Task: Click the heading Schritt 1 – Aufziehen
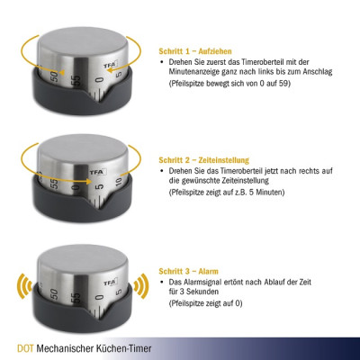(x=195, y=51)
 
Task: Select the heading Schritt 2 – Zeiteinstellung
(x=204, y=160)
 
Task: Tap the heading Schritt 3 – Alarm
(x=189, y=272)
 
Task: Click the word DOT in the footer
(x=25, y=348)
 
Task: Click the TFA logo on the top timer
(x=110, y=64)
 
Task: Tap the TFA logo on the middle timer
(x=98, y=172)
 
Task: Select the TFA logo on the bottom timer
(x=110, y=283)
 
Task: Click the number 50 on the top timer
(x=54, y=76)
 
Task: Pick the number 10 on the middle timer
(x=118, y=183)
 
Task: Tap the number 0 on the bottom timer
(x=100, y=298)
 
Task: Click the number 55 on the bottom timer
(x=76, y=297)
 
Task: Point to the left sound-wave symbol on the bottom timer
(x=25, y=286)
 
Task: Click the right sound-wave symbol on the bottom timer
(x=141, y=286)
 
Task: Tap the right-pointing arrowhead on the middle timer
(x=89, y=182)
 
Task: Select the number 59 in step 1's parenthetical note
(x=283, y=84)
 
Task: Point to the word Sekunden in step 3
(x=205, y=292)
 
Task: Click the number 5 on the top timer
(x=119, y=74)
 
